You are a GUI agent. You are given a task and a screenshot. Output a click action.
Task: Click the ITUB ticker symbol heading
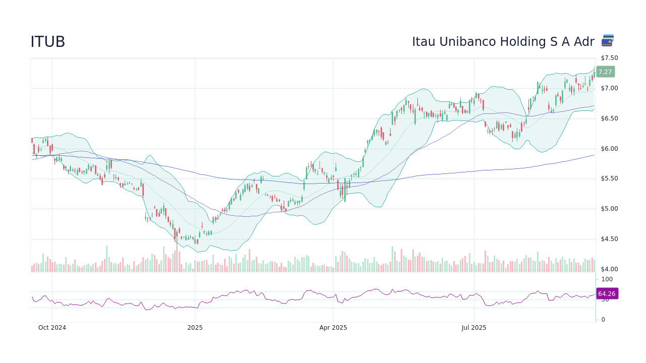(x=48, y=42)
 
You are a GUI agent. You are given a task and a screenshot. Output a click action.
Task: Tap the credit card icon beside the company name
(x=608, y=41)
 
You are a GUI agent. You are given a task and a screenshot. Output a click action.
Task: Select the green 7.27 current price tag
(x=605, y=72)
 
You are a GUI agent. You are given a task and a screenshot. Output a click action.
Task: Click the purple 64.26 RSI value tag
(x=607, y=293)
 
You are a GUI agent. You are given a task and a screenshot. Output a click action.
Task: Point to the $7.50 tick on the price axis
(x=609, y=58)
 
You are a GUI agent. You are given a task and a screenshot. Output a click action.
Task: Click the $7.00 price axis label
(x=609, y=88)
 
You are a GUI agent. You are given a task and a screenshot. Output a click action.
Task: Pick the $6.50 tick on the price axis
(x=609, y=118)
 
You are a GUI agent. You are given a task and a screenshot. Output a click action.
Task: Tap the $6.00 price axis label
(x=609, y=149)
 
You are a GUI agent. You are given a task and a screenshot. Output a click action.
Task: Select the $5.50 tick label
(x=609, y=178)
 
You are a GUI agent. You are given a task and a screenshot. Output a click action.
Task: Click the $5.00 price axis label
(x=609, y=209)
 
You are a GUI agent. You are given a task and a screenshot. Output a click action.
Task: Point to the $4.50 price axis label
(x=609, y=239)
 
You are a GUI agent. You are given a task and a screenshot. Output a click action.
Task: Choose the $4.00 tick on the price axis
(x=609, y=269)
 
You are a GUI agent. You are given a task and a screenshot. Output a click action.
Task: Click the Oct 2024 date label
(x=52, y=328)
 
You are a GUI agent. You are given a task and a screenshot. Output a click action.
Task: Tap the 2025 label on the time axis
(x=195, y=328)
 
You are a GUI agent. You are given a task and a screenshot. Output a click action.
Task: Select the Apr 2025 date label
(x=333, y=328)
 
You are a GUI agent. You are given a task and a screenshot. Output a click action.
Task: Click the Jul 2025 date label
(x=474, y=328)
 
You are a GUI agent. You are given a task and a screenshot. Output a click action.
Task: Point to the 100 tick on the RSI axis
(x=607, y=279)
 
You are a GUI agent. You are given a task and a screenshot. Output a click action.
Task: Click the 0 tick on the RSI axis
(x=603, y=320)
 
